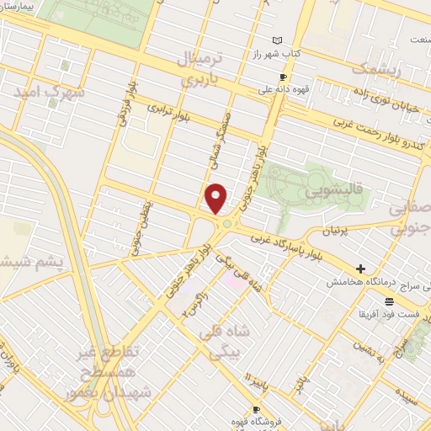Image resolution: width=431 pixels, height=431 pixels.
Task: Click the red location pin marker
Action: tap(216, 198)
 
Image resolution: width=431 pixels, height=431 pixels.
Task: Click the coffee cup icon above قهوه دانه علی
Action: tap(282, 77)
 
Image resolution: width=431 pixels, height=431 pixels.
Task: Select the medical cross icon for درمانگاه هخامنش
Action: tap(361, 269)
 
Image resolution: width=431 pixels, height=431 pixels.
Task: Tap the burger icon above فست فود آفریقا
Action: tap(389, 301)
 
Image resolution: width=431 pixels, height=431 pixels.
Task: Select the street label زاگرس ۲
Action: tap(195, 306)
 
